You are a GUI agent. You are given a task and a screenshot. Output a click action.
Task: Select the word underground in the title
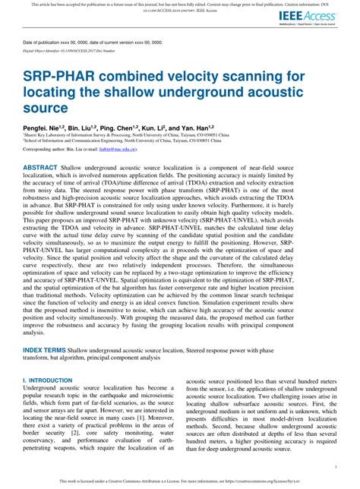coord(206,93)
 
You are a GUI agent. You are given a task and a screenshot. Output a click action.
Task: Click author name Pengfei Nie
coord(43,128)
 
